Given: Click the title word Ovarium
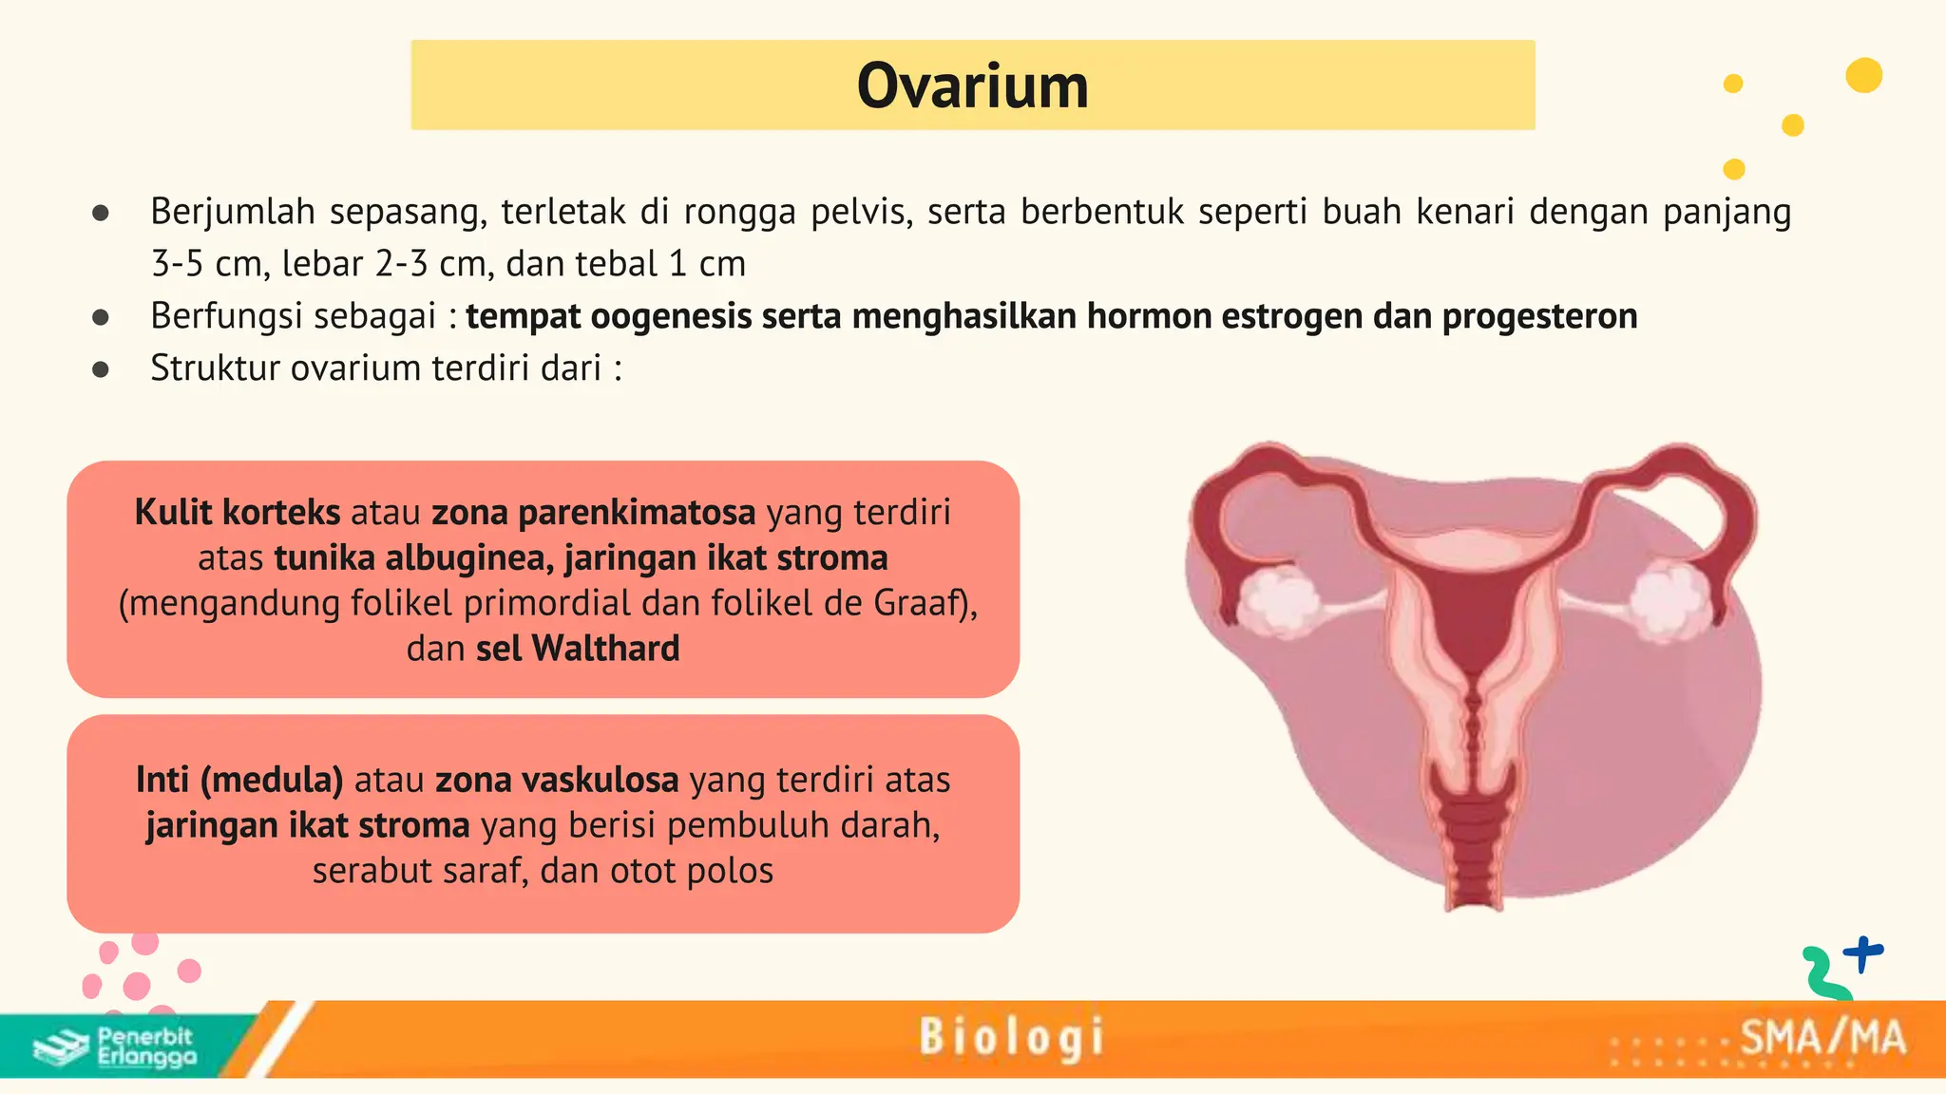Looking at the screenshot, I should point(972,86).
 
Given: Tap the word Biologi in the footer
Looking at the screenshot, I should point(1011,1037).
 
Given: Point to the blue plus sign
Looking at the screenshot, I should point(1863,953).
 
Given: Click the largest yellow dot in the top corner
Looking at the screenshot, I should point(1863,75).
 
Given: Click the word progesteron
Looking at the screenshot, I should point(1539,316).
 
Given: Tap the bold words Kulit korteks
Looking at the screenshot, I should point(237,513).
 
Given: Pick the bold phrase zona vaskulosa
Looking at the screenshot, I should point(557,780).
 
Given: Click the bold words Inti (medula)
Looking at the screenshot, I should point(238,780).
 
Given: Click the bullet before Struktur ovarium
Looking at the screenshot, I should point(101,368).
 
